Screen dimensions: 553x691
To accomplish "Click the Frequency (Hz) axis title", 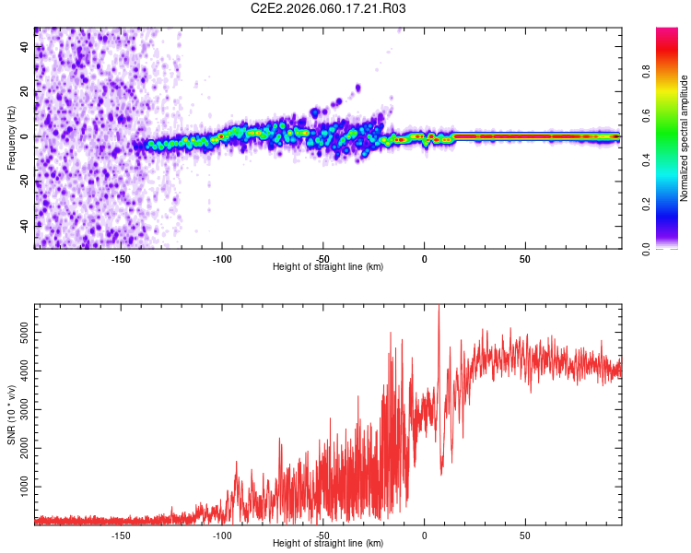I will tap(11, 137).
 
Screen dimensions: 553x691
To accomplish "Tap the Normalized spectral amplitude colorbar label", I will tap(684, 138).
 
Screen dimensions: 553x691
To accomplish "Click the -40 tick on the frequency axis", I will tap(25, 226).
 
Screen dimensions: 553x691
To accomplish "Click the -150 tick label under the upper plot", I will tap(121, 259).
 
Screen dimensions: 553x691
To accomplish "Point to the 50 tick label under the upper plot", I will tap(524, 259).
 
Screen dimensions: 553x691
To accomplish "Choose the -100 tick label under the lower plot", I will tap(222, 535).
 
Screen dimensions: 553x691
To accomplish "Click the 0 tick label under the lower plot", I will tap(424, 535).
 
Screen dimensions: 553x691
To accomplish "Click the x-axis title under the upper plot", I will tap(328, 267).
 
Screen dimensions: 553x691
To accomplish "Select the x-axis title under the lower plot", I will tap(328, 543).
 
